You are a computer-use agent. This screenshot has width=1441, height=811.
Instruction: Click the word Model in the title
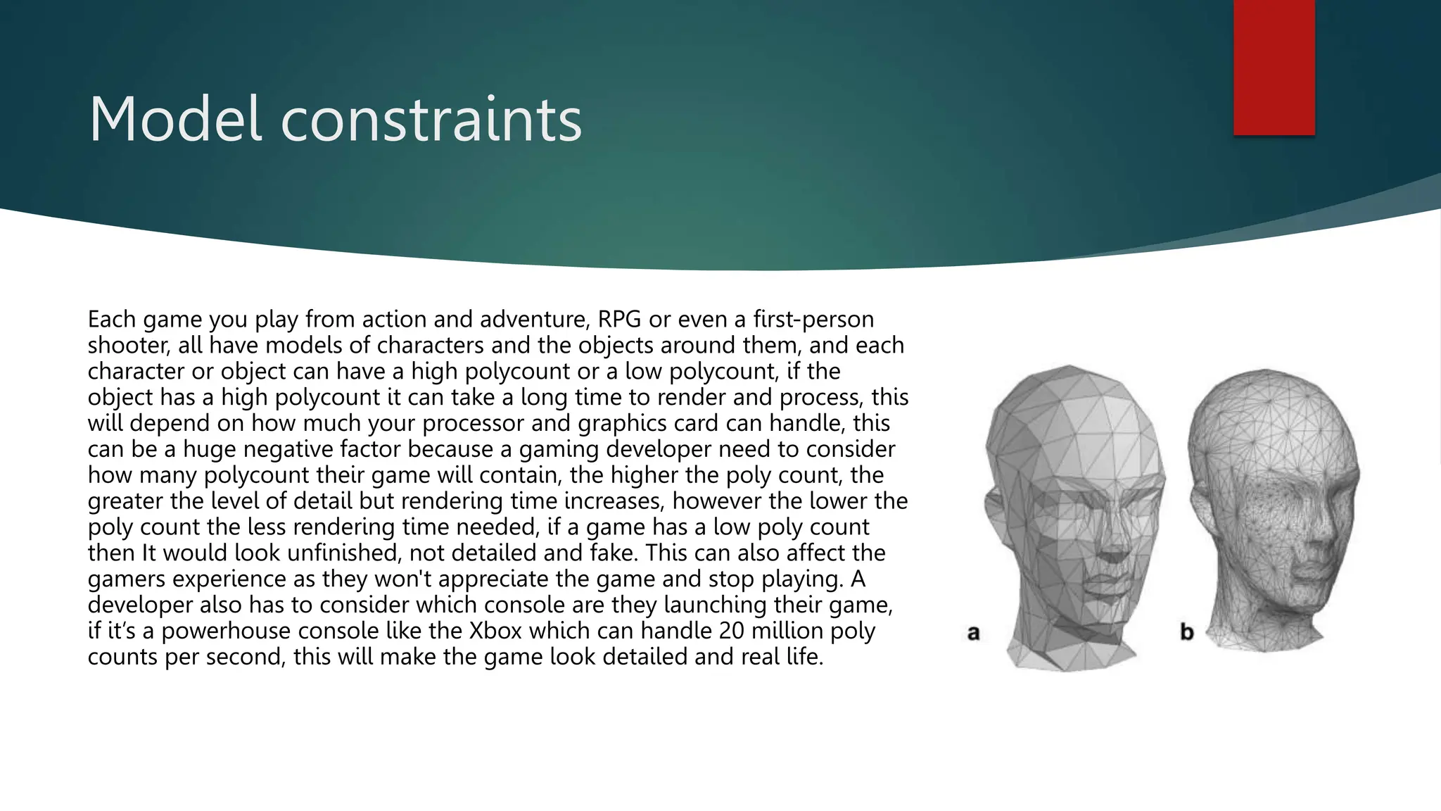point(175,120)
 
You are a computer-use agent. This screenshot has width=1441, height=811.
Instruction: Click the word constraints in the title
point(431,120)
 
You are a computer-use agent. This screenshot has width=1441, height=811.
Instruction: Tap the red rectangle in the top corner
point(1274,67)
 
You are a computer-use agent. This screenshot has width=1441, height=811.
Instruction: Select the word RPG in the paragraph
point(619,320)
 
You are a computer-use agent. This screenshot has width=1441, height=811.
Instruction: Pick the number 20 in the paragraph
point(732,631)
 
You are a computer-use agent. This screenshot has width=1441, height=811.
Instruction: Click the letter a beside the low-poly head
point(974,633)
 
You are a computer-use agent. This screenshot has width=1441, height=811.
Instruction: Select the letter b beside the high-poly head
point(1186,632)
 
